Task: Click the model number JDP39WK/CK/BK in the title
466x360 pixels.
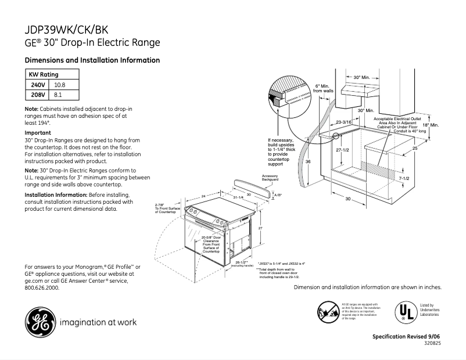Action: click(66, 30)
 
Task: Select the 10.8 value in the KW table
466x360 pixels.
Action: click(60, 85)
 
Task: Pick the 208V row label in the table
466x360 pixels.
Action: click(38, 95)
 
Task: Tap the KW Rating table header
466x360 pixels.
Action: click(44, 74)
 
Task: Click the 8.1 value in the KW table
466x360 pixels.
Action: click(58, 95)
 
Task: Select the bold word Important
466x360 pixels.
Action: click(38, 133)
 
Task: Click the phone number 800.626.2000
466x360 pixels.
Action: click(42, 287)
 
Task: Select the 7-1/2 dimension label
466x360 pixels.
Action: click(405, 178)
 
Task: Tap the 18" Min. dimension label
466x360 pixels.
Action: click(430, 125)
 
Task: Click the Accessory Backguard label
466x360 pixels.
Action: click(270, 178)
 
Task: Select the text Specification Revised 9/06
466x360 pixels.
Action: click(407, 337)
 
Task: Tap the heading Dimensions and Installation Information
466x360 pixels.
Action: click(92, 60)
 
